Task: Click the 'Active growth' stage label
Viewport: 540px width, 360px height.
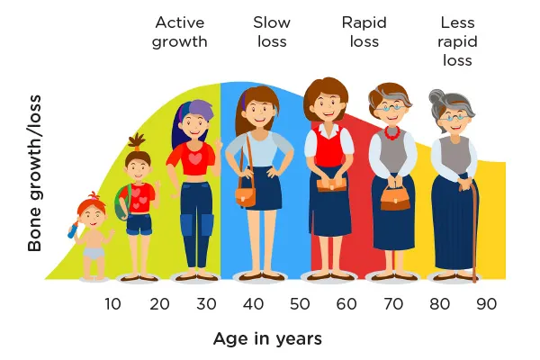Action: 179,32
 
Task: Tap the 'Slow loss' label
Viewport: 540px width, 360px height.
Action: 272,32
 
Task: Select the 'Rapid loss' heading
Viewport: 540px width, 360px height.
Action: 364,32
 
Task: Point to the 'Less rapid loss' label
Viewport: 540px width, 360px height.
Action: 457,41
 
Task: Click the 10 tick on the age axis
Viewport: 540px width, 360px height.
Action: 112,304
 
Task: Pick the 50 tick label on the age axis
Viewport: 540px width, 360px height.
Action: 300,304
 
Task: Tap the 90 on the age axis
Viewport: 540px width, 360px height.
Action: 486,304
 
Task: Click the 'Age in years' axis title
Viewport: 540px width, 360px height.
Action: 267,339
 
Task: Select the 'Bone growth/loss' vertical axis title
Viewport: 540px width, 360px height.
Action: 34,174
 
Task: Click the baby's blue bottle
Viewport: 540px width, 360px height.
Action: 73,229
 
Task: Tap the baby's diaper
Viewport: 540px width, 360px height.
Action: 94,253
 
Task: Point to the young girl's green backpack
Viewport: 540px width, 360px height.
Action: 121,202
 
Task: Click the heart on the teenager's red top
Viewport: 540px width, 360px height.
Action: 195,158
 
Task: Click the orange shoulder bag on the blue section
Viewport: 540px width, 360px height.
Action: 246,196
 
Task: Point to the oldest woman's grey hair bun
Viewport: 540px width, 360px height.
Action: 436,98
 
